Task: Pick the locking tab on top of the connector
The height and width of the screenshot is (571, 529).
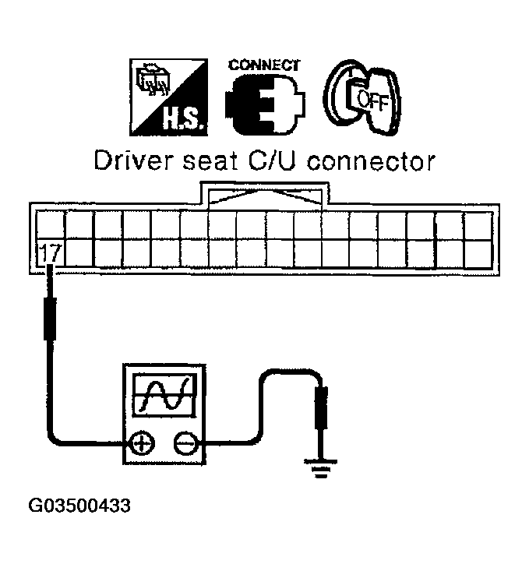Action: pyautogui.click(x=266, y=195)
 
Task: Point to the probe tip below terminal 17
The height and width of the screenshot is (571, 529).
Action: pyautogui.click(x=51, y=273)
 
